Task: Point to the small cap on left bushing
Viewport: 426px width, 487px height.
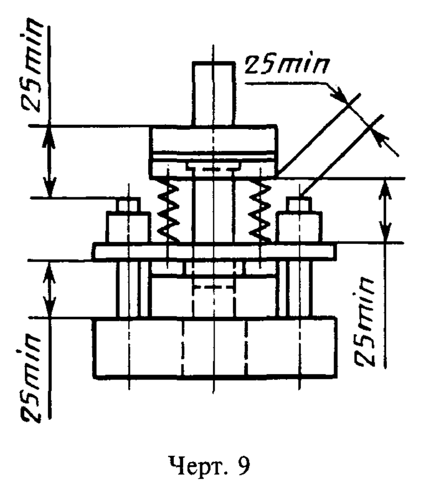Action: click(x=129, y=206)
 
